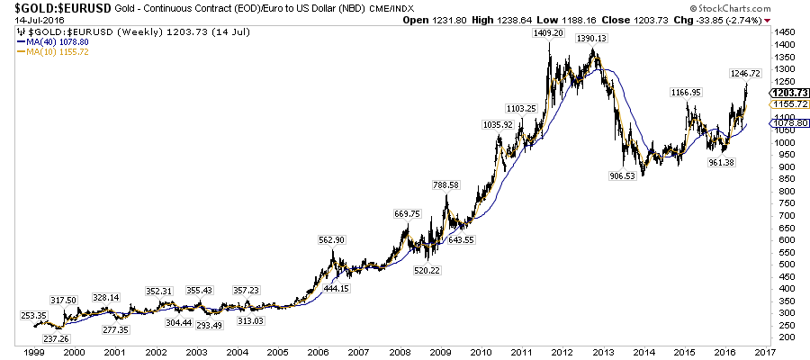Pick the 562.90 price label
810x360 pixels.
click(332, 240)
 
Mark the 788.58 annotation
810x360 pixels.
click(445, 185)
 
